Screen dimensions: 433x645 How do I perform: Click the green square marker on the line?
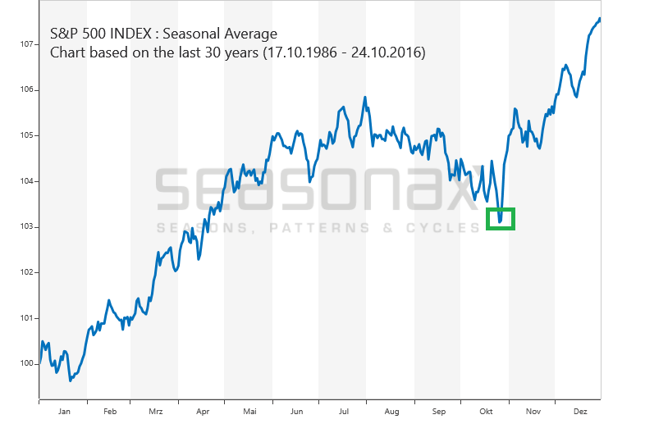click(501, 219)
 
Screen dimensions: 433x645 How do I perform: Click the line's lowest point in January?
click(70, 381)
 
